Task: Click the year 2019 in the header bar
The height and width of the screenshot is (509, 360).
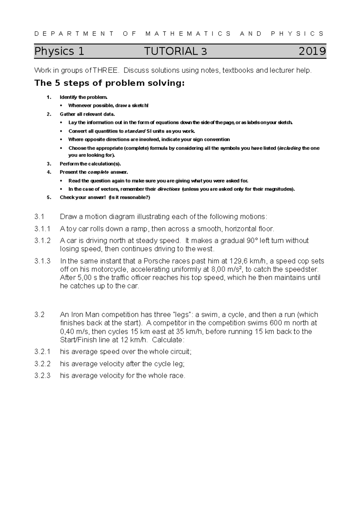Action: click(x=312, y=51)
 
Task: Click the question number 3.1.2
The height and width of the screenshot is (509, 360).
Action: click(x=43, y=241)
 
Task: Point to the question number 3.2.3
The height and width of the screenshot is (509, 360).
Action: click(x=43, y=375)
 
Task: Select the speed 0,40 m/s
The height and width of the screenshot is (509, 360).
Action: click(x=74, y=332)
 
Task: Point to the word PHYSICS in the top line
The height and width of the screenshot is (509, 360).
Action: click(x=297, y=34)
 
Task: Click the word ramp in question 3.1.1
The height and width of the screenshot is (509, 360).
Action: click(x=139, y=229)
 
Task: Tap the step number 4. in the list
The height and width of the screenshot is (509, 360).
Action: click(x=49, y=172)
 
